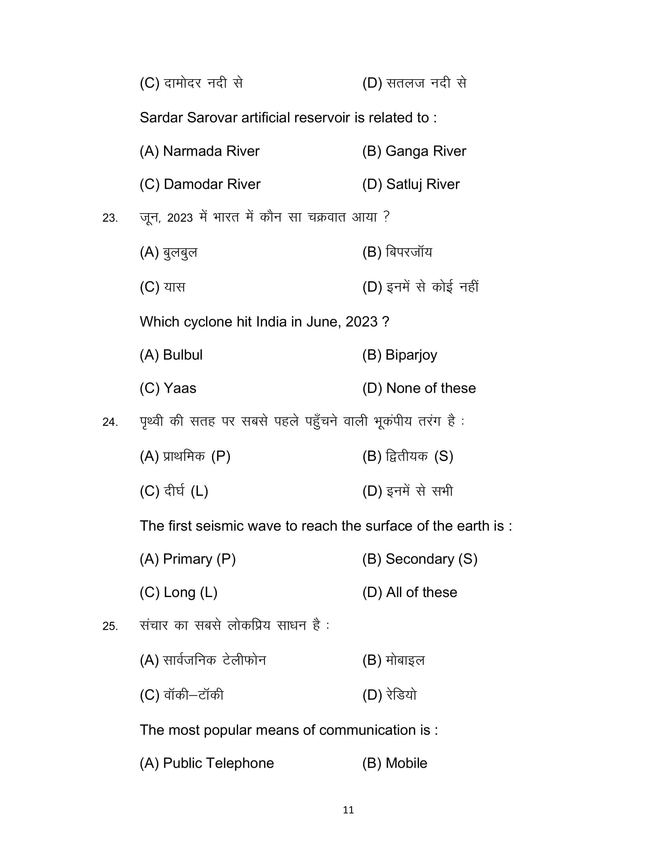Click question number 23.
110,218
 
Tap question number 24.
110,422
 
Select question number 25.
110,626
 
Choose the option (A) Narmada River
199,151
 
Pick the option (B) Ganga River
413,151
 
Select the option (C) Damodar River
200,184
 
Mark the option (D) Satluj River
410,184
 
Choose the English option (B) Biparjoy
399,355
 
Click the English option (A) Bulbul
171,355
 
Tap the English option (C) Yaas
167,388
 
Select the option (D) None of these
419,388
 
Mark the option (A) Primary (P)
187,559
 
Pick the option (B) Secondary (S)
420,559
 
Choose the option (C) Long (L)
178,592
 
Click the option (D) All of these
409,592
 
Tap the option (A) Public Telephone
207,763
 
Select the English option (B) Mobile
394,763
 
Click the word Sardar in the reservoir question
161,118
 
